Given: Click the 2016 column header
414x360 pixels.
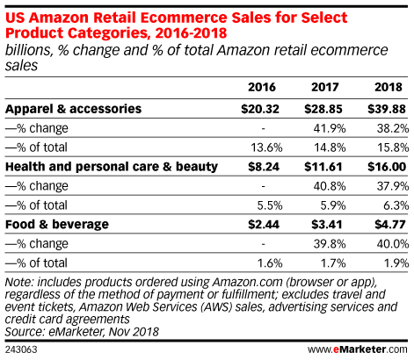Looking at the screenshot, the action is (262, 87).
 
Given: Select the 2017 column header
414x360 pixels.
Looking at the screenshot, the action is (325, 87).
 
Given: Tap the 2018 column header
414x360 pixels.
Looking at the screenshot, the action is (389, 87).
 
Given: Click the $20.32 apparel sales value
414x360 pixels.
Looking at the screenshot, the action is (260, 109).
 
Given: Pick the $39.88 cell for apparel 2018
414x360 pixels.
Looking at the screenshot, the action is (387, 109).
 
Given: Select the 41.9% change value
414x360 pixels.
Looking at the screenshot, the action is (330, 128).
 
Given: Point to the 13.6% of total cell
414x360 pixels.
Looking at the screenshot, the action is (266, 148).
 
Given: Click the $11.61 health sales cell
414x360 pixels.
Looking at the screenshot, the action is (323, 167).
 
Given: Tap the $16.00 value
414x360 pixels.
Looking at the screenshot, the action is (387, 167).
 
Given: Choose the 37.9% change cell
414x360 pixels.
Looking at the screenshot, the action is (393, 186).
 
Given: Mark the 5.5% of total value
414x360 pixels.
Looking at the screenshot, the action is (270, 205).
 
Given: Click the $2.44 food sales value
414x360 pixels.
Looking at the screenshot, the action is (264, 225).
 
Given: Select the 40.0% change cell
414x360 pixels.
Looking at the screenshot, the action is (393, 244).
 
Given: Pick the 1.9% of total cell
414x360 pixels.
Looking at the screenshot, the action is (396, 263).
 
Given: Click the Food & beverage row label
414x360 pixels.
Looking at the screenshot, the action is (57, 225).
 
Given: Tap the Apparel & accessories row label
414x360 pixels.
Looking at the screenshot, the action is (74, 109).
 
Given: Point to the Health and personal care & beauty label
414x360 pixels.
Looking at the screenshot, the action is (112, 167).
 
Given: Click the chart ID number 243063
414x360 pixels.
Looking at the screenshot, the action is (21, 349).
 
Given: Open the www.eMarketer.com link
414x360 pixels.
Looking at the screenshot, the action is (358, 349).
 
